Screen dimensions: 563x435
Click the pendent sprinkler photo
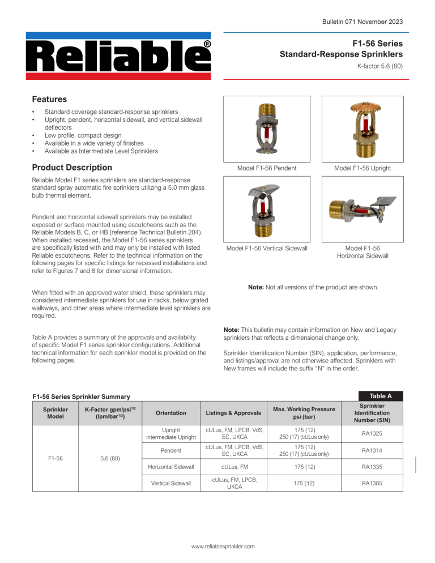pyautogui.click(x=266, y=129)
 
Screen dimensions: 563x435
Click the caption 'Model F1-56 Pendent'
pyautogui.click(x=266, y=168)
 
